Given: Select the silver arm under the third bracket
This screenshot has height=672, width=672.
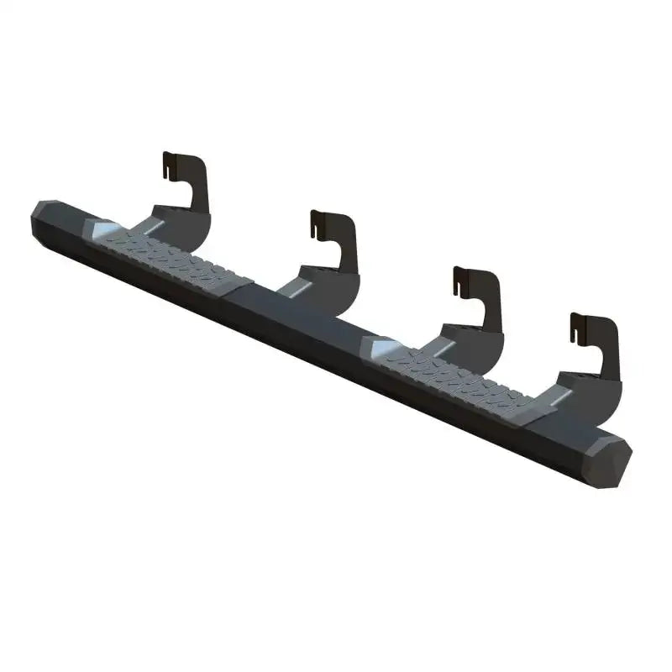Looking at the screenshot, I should (441, 345).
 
